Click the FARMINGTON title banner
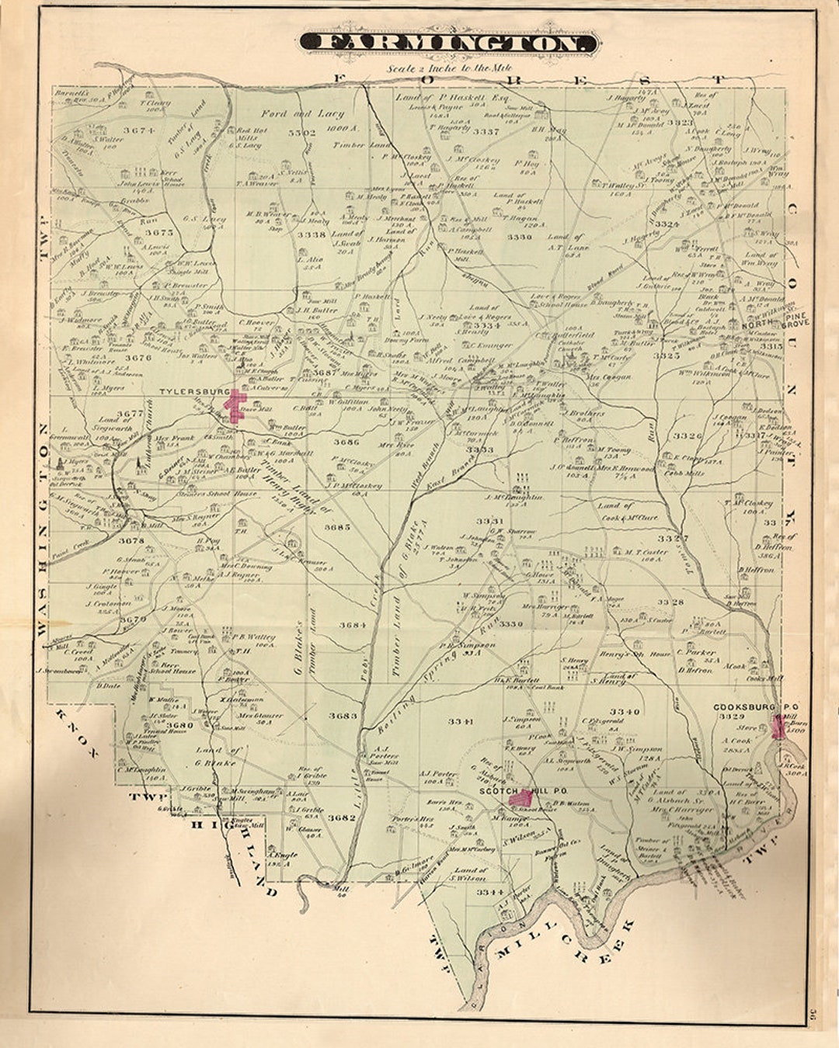click(x=449, y=43)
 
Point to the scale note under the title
click(x=448, y=68)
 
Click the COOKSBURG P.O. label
click(x=750, y=707)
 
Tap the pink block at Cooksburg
click(x=778, y=727)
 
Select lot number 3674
click(x=139, y=130)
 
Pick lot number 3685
click(x=337, y=527)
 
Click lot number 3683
click(x=343, y=716)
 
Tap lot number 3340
click(x=624, y=711)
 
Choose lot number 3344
click(x=490, y=892)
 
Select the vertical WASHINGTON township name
click(x=42, y=528)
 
